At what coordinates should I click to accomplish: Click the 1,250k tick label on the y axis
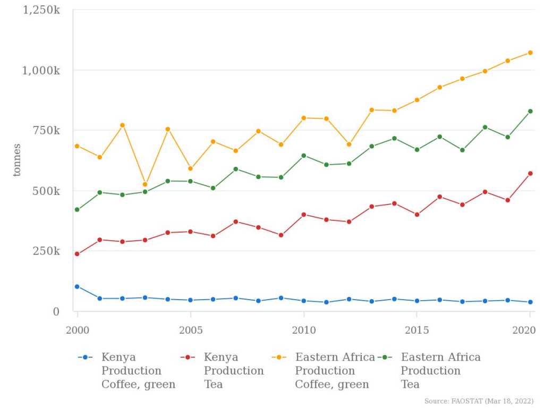(x=41, y=10)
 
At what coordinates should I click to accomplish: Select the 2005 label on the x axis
(x=190, y=330)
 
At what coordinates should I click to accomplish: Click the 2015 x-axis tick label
(x=417, y=330)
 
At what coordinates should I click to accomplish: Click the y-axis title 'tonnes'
(x=17, y=160)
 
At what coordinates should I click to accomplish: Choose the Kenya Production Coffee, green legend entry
(x=138, y=370)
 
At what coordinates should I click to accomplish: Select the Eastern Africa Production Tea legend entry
(x=440, y=370)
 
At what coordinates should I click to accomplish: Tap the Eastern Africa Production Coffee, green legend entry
(x=335, y=370)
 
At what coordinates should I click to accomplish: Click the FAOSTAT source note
(x=479, y=401)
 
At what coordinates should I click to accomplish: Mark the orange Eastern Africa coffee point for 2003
(x=145, y=184)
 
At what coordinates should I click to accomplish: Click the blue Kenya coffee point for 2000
(x=77, y=286)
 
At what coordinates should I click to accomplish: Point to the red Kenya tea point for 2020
(x=530, y=173)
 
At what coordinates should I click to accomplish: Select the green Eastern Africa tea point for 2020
(x=530, y=111)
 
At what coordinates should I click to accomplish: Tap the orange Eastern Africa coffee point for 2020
(x=530, y=53)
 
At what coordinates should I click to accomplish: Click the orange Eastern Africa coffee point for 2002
(x=122, y=125)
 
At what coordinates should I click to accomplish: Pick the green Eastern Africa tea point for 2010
(x=304, y=156)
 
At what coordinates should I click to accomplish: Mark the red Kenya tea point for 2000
(x=77, y=254)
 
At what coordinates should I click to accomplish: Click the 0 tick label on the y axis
(x=56, y=311)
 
